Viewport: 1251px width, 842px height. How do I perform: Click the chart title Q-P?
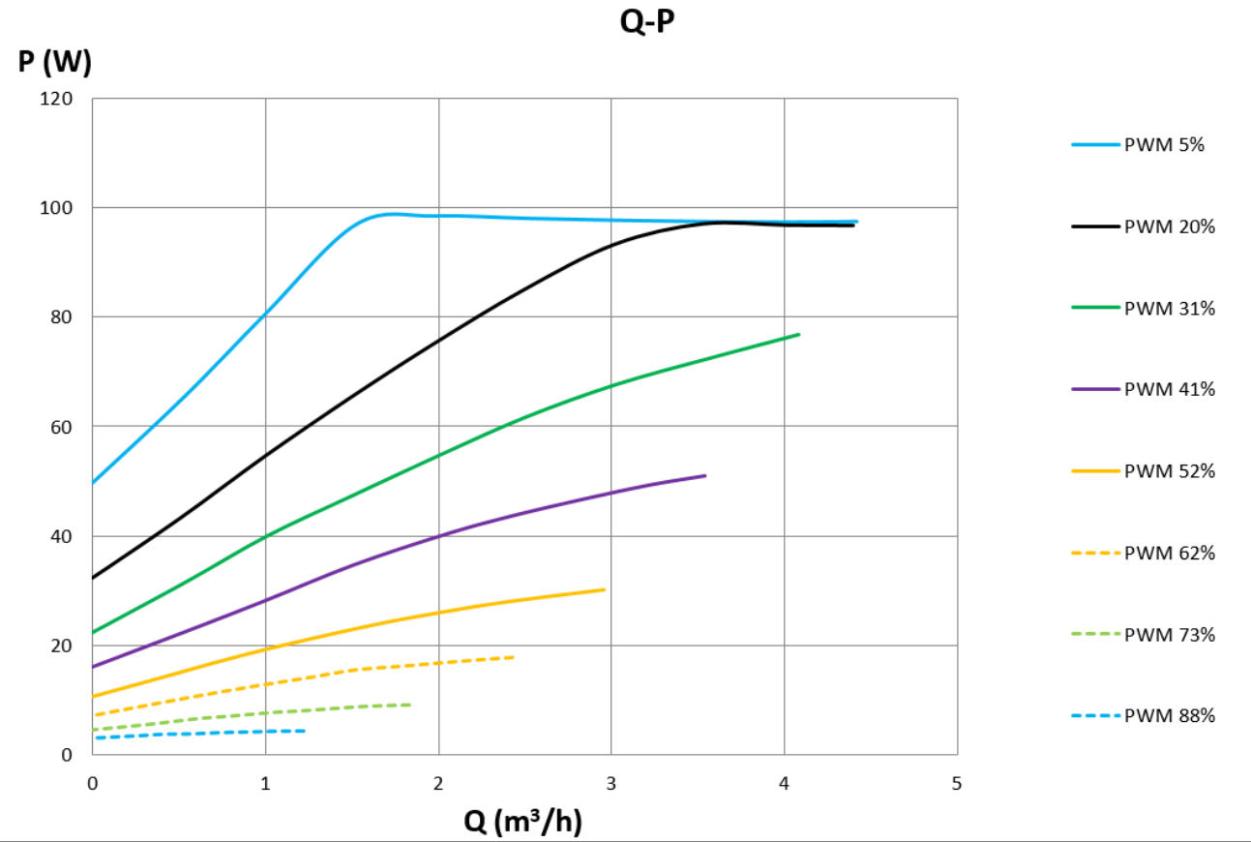point(646,23)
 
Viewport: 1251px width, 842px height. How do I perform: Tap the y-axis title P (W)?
point(55,63)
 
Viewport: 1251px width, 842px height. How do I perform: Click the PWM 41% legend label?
point(1168,389)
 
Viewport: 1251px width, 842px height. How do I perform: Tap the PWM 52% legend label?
point(1168,471)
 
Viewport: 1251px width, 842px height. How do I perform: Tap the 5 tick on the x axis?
point(956,783)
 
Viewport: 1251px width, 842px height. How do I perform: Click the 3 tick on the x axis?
point(611,783)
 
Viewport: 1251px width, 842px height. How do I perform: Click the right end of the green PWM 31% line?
point(798,335)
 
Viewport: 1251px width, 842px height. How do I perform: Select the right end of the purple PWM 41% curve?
point(704,476)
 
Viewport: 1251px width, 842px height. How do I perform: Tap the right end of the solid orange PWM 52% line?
point(604,589)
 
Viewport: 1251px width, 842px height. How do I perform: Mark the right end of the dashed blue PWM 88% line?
point(304,731)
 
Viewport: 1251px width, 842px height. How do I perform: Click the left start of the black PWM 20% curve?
point(94,578)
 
